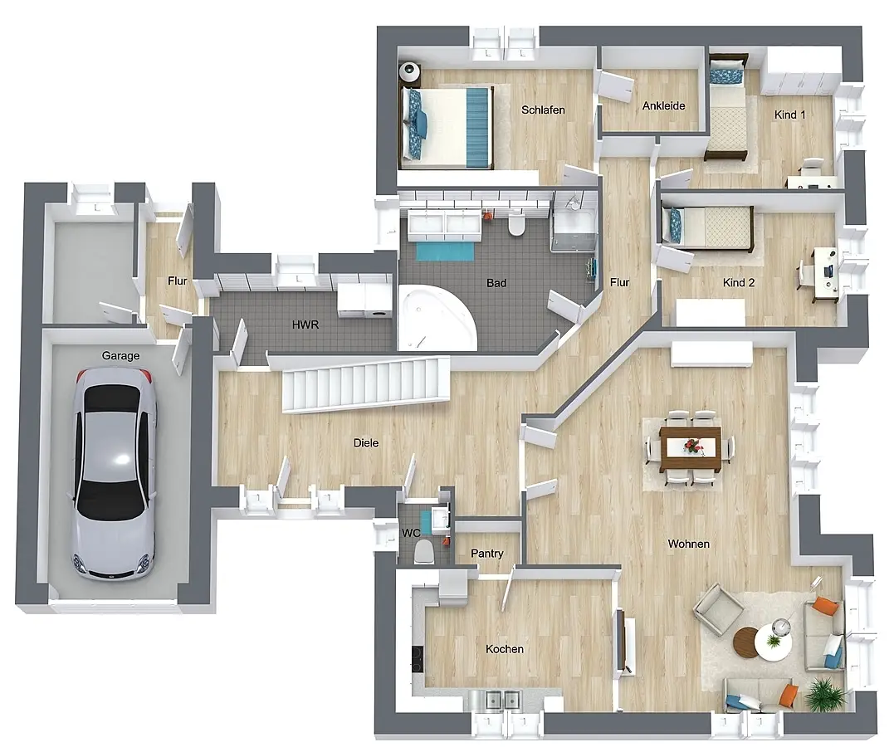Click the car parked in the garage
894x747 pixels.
pyautogui.click(x=114, y=473)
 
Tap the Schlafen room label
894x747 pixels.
pyautogui.click(x=543, y=110)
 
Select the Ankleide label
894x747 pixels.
pyautogui.click(x=663, y=105)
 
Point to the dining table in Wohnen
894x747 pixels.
pyautogui.click(x=691, y=448)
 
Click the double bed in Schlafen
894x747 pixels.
pyautogui.click(x=447, y=127)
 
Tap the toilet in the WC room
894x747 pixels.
pyautogui.click(x=423, y=551)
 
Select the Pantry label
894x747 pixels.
pyautogui.click(x=487, y=553)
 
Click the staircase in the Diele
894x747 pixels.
pyautogui.click(x=366, y=383)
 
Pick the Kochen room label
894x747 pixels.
pyautogui.click(x=505, y=649)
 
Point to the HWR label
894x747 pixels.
pyautogui.click(x=305, y=325)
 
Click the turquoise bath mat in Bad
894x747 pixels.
pyautogui.click(x=445, y=251)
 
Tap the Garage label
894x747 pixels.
pyautogui.click(x=120, y=356)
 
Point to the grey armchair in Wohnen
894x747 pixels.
pyautogui.click(x=718, y=609)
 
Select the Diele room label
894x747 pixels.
pyautogui.click(x=365, y=442)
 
